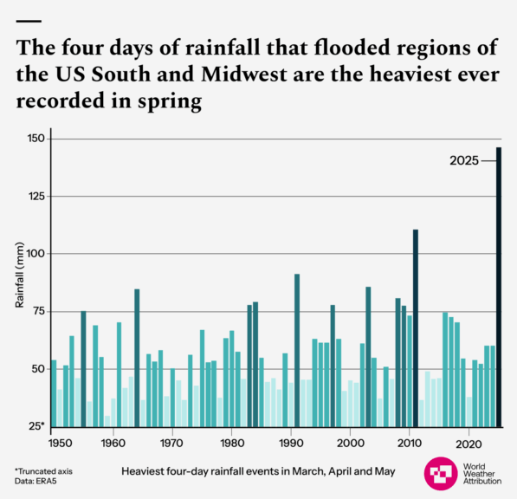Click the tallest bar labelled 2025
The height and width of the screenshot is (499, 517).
tap(499, 286)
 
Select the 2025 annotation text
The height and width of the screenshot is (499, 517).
tap(465, 160)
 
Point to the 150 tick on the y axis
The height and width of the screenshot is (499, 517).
tap(35, 139)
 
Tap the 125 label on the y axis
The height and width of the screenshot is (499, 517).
tap(35, 197)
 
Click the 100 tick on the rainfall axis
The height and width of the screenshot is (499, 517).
tap(35, 254)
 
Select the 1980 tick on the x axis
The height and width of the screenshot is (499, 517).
tap(230, 442)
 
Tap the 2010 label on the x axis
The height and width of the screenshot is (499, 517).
tap(409, 442)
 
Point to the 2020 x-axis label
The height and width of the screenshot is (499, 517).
tap(469, 442)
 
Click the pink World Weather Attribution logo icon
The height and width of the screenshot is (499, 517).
tap(442, 475)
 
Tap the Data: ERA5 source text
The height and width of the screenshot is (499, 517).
tap(36, 481)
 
